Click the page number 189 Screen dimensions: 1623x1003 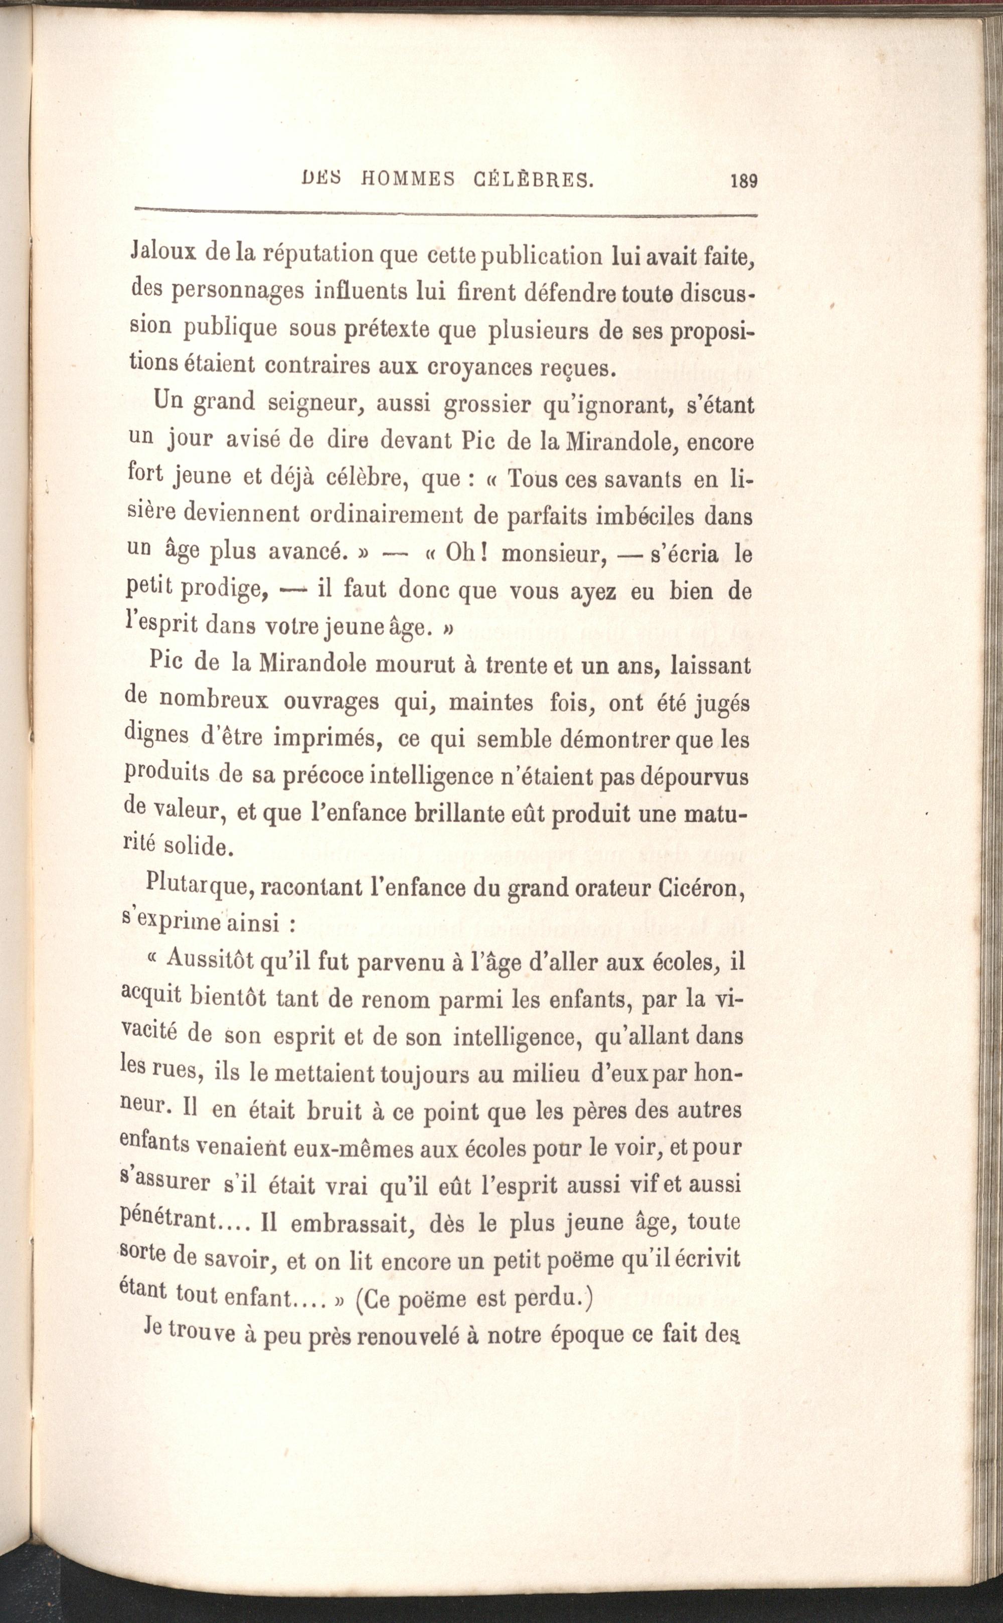pos(743,181)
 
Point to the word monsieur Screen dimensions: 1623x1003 pos(555,553)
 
